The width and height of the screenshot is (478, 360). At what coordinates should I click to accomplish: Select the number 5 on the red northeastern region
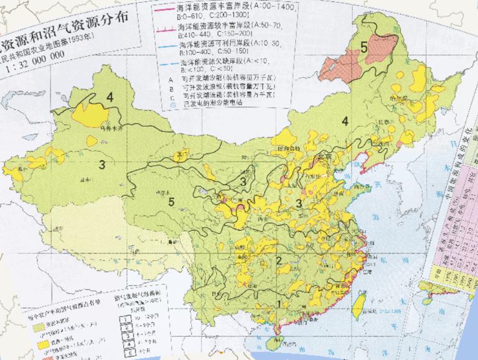point(363,48)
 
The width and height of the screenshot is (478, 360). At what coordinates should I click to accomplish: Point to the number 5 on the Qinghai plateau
point(170,201)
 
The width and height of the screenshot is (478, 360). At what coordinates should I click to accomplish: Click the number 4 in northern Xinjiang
point(110,97)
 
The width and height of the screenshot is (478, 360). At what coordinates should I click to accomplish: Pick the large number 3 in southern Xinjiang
point(99,164)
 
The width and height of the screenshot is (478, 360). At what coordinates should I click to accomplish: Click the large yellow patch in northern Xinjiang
point(91,113)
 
